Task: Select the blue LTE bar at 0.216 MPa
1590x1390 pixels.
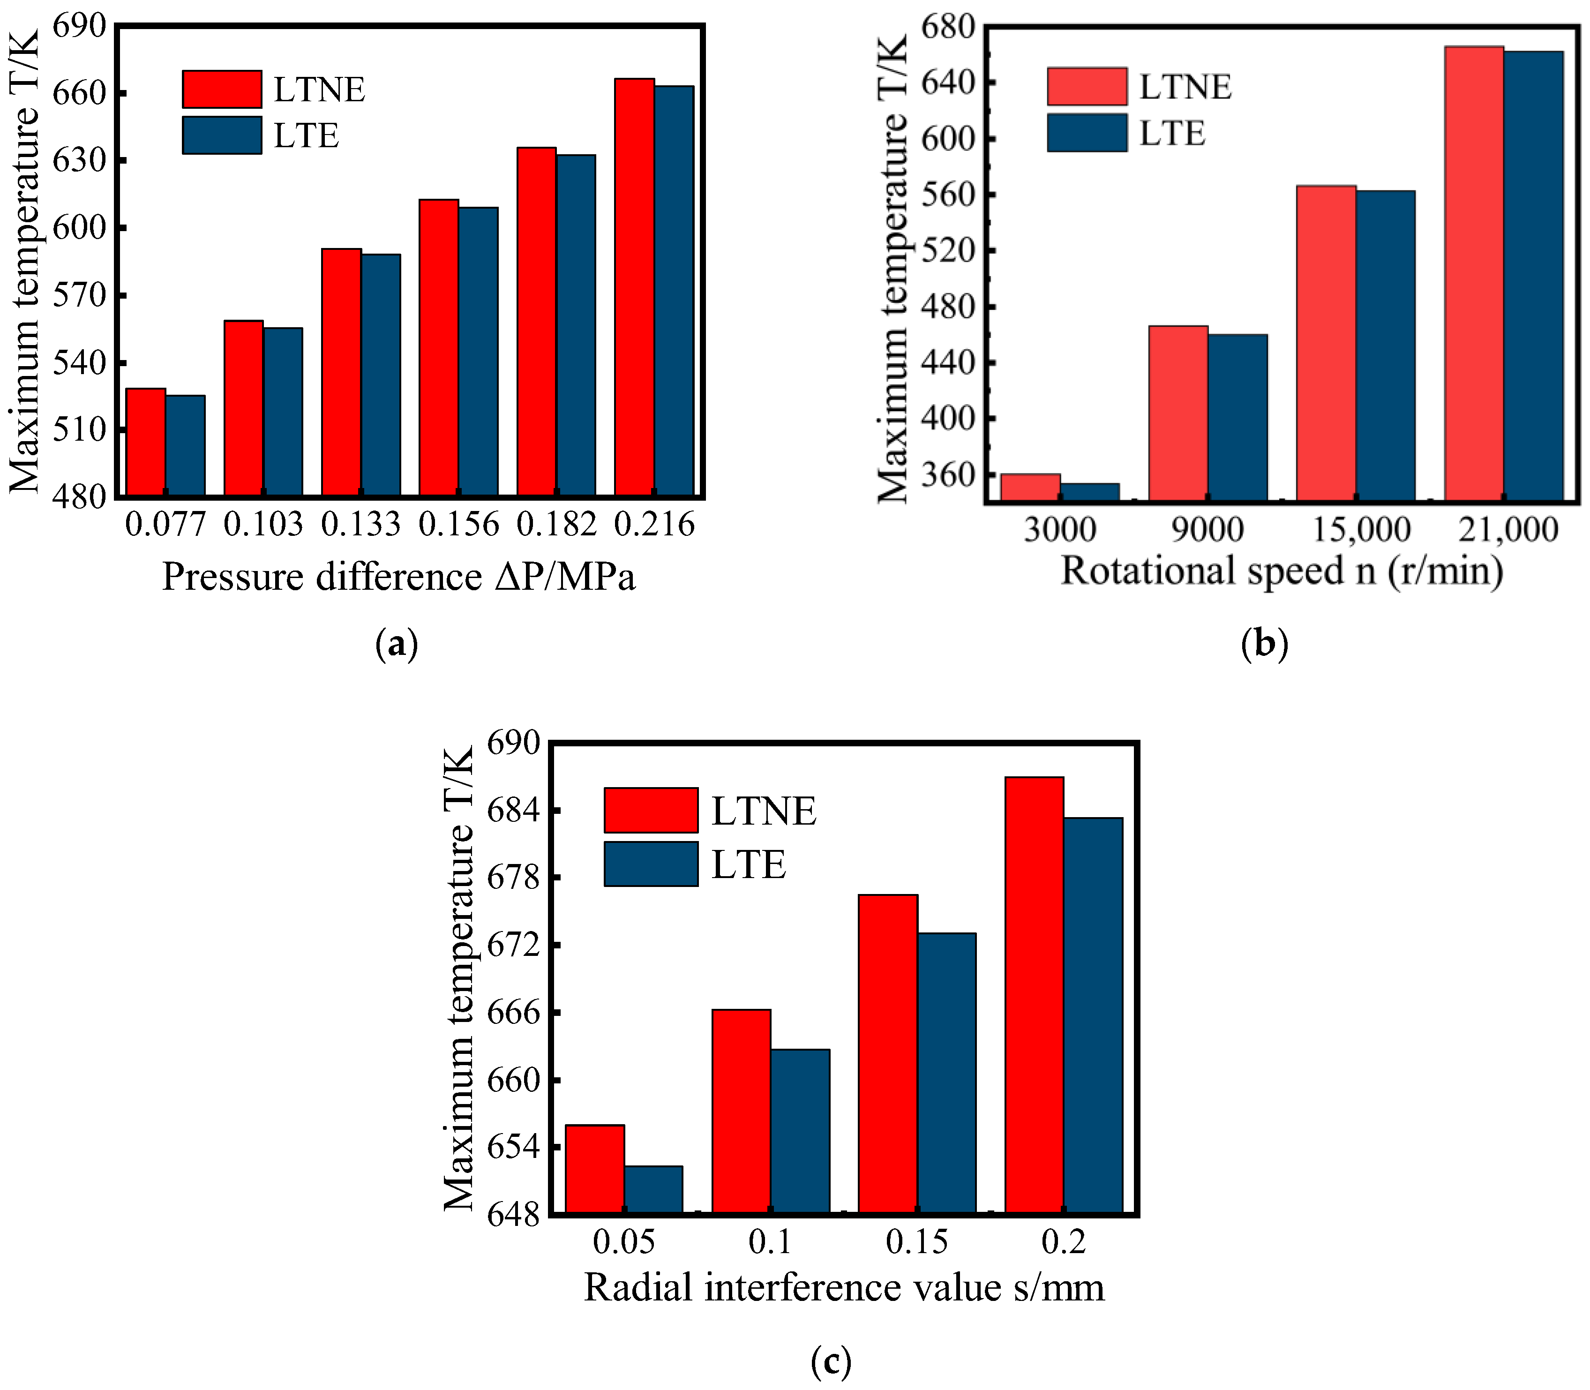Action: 674,290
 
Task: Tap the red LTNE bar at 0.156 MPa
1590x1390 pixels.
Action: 439,347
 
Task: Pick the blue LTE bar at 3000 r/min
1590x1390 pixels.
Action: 1090,492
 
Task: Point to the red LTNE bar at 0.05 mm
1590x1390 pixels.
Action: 595,1168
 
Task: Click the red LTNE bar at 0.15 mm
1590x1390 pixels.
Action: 888,1053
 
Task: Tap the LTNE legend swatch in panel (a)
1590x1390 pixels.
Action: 222,89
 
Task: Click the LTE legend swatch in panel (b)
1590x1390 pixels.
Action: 1087,133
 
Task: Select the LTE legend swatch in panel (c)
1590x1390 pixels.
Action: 651,864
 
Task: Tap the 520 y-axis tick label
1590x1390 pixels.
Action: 947,250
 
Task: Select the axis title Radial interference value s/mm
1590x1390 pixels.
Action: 844,1288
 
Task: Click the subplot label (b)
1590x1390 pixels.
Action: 1264,643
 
